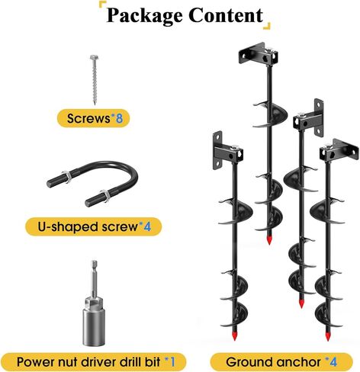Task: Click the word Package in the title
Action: [144, 16]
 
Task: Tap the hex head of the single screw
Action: [94, 57]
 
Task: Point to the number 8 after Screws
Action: [119, 118]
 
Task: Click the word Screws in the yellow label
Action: [88, 118]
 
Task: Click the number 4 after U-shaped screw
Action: [147, 226]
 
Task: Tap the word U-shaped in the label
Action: [69, 227]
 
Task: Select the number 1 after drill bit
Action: [172, 362]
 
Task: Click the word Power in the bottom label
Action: [34, 362]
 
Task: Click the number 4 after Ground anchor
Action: [333, 362]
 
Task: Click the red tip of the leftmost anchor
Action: [234, 335]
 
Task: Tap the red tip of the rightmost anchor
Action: [327, 336]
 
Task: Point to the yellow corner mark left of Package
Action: [102, 5]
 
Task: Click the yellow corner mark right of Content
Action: [266, 26]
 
